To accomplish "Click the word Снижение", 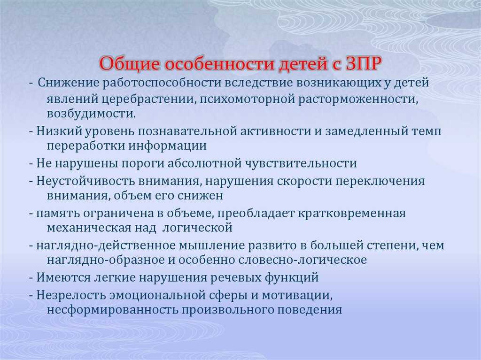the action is [69, 83].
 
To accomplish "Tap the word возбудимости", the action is [91, 114].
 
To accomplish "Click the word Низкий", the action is [59, 131].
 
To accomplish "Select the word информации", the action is [167, 146].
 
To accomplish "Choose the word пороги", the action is [143, 163].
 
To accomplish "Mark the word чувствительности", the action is [301, 163].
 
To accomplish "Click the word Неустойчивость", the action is [85, 181].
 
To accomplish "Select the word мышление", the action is [211, 245].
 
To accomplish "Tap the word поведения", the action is [310, 310].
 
